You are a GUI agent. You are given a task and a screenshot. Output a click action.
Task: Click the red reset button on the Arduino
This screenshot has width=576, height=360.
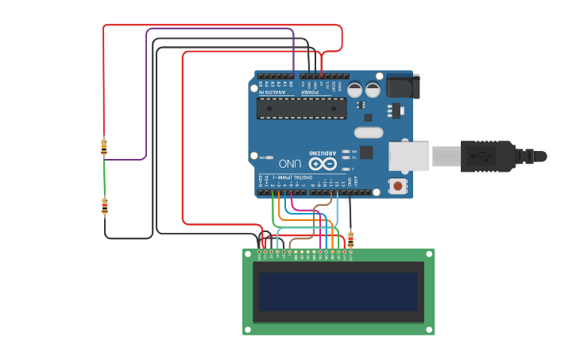click(x=397, y=186)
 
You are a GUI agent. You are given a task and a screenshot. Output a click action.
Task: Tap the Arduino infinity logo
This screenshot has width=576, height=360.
click(x=323, y=165)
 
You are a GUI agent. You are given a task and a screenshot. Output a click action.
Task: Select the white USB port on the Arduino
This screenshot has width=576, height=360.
click(x=408, y=157)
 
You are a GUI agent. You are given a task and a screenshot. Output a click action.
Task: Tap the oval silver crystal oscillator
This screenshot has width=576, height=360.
click(x=369, y=133)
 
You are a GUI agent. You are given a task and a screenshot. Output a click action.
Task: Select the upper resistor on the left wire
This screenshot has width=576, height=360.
click(x=104, y=147)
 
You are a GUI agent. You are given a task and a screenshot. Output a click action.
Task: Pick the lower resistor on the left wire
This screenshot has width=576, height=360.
click(x=105, y=207)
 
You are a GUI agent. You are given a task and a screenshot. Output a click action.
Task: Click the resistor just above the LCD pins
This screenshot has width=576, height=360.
click(x=350, y=238)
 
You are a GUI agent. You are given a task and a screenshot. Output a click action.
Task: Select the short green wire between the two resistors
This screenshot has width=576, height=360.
click(x=104, y=178)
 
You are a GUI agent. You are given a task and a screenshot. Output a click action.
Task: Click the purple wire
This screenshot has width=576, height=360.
click(x=146, y=95)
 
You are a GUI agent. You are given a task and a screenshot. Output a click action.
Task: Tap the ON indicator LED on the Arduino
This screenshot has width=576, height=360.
click(x=271, y=157)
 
